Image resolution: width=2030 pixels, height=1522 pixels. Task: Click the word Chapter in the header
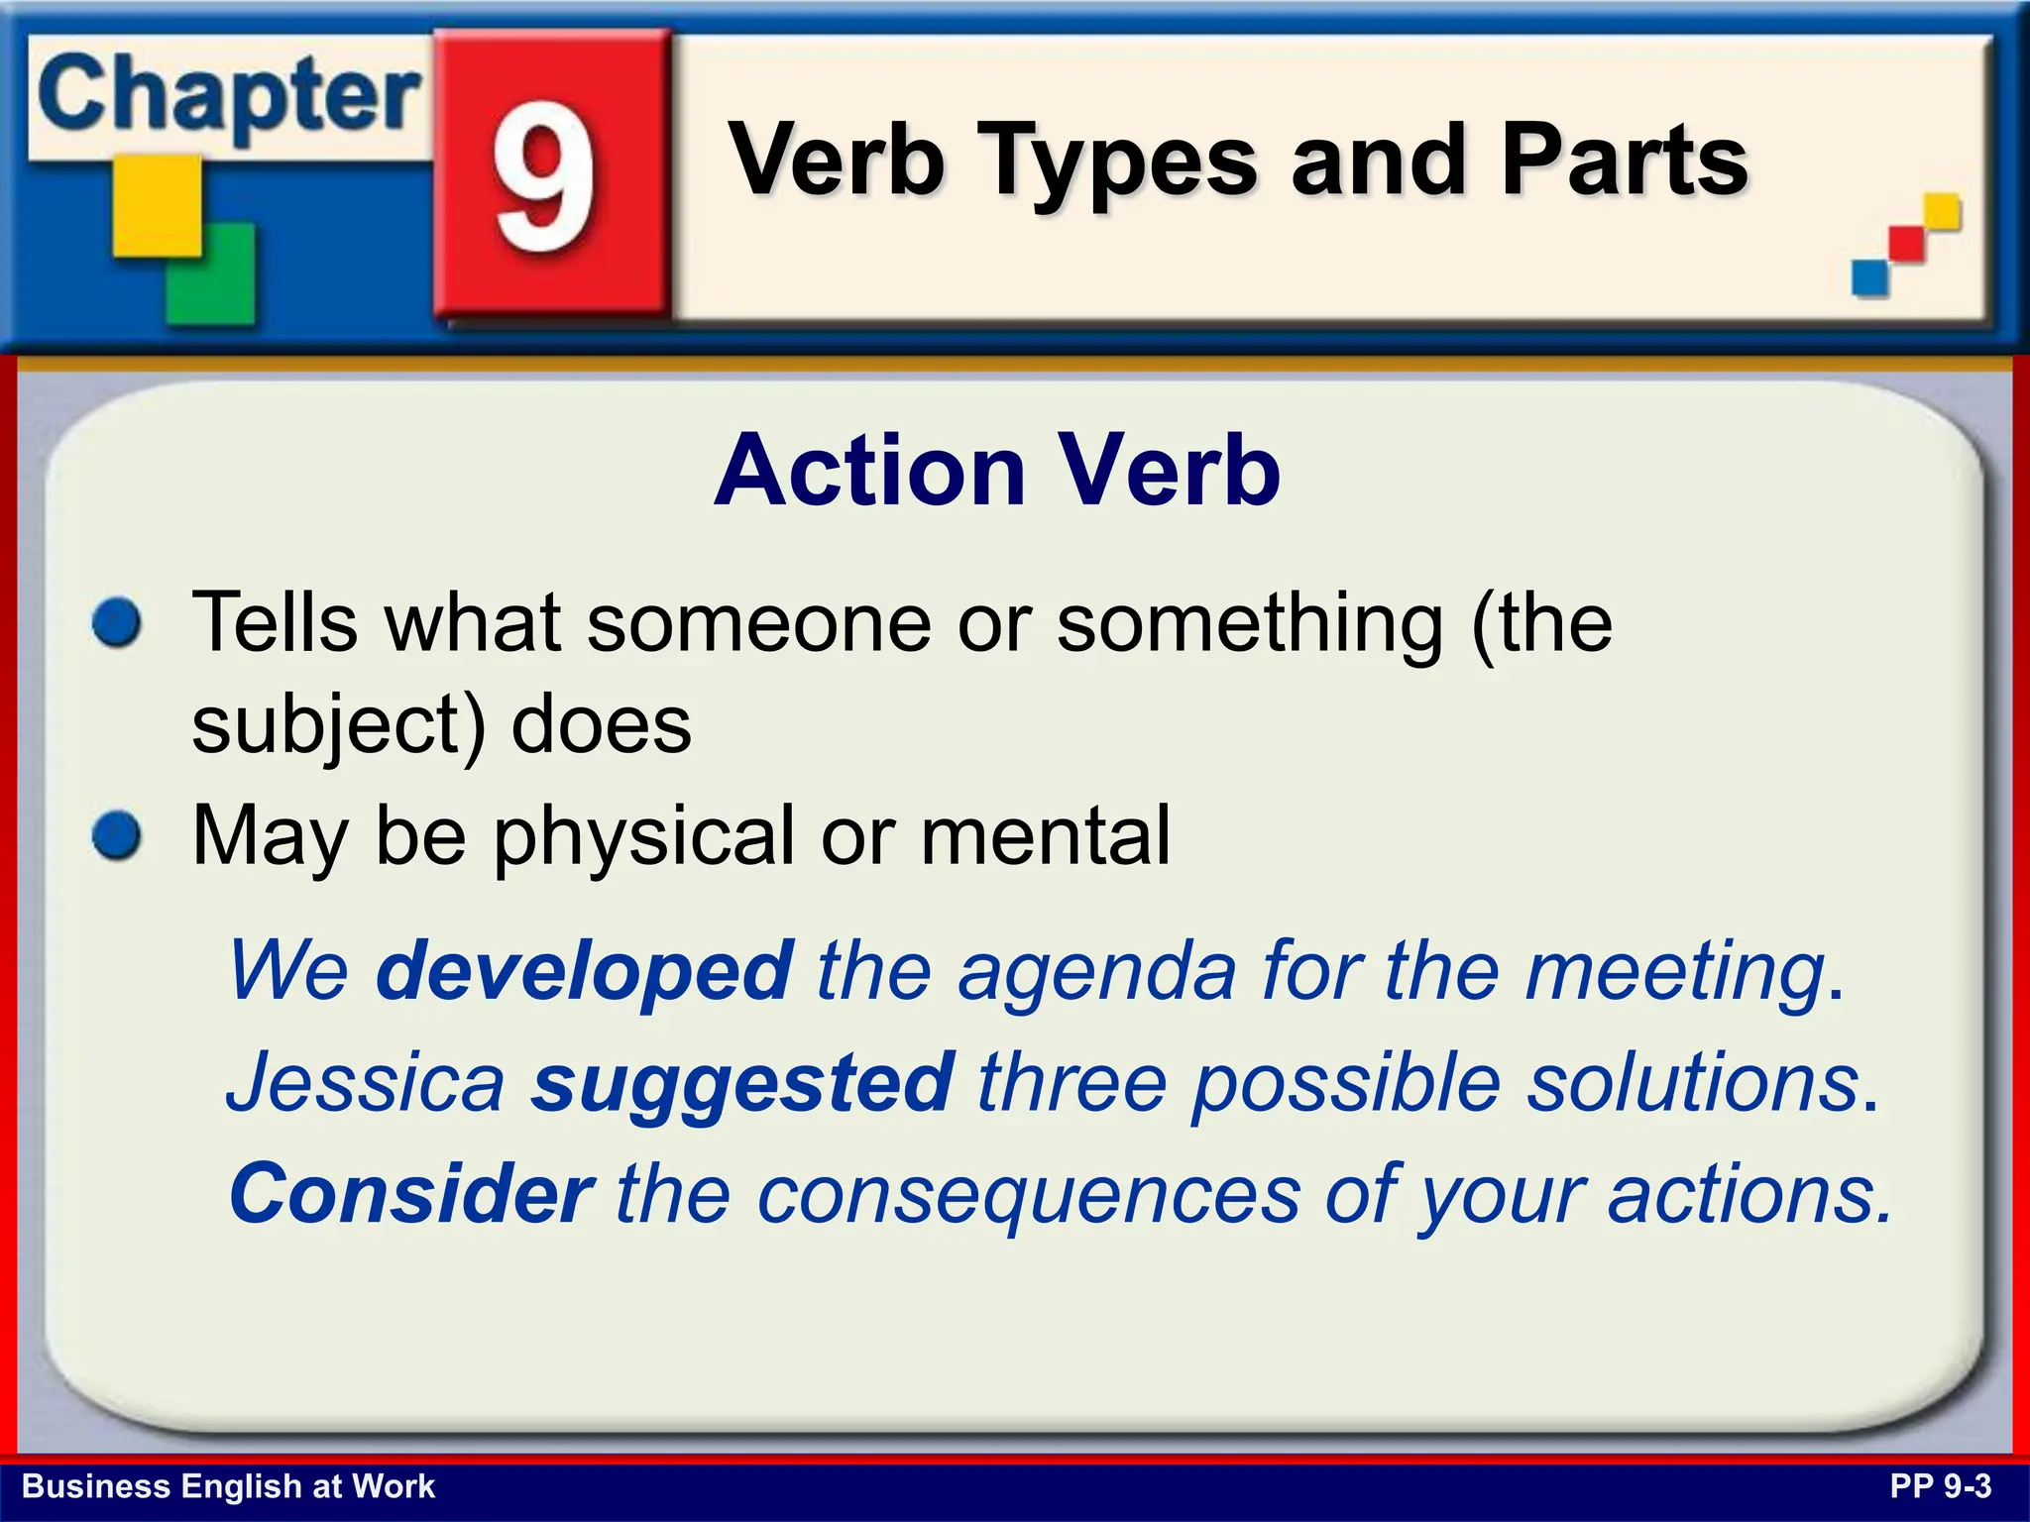[228, 96]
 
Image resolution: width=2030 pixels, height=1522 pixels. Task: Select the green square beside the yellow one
[211, 274]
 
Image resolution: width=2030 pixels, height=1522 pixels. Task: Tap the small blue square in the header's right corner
[1870, 276]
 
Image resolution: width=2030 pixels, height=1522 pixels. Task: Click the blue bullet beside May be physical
[117, 835]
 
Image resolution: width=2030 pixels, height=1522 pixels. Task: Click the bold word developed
[584, 970]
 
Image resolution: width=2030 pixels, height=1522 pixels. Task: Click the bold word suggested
[742, 1082]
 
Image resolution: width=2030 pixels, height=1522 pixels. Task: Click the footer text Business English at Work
[228, 1486]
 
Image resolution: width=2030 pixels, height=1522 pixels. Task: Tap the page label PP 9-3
[1940, 1486]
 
